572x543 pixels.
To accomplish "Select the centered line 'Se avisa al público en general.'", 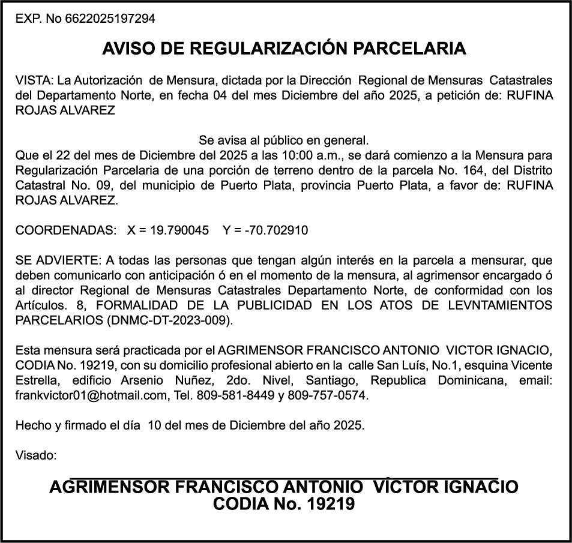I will (x=284, y=141).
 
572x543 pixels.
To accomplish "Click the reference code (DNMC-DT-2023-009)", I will (x=169, y=320).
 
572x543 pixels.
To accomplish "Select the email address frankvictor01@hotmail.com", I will (x=91, y=395).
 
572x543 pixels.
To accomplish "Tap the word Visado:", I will (x=36, y=455).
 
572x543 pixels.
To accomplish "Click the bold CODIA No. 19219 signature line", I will (x=284, y=503).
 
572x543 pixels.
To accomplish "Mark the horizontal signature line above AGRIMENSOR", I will (x=284, y=478).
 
